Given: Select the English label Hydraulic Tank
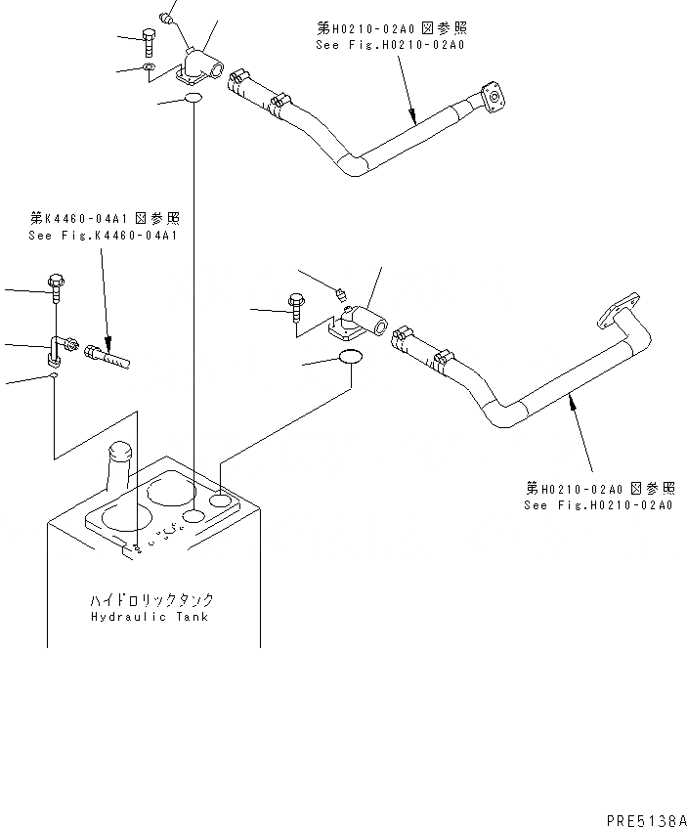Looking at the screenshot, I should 150,617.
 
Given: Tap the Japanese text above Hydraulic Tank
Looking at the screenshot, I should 150,600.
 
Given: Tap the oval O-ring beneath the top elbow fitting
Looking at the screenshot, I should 193,100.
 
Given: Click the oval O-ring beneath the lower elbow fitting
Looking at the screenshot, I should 352,360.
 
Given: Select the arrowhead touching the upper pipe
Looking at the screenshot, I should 414,122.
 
